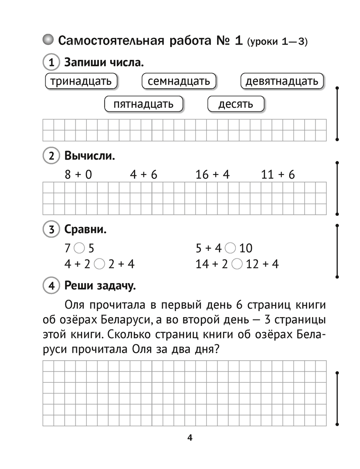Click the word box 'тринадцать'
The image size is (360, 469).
(81, 81)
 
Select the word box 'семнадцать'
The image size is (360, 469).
(179, 81)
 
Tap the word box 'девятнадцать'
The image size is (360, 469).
(282, 81)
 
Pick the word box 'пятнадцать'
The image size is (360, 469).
(143, 104)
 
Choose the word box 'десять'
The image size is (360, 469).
(236, 104)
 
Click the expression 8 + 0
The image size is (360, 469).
(78, 175)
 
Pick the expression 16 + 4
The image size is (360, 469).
(212, 175)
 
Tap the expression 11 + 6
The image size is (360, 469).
(278, 175)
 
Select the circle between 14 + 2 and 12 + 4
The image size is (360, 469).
(237, 264)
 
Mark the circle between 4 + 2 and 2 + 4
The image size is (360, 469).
(99, 264)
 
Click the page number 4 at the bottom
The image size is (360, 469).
(190, 438)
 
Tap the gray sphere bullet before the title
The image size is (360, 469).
(48, 40)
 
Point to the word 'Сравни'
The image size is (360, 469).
(85, 230)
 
